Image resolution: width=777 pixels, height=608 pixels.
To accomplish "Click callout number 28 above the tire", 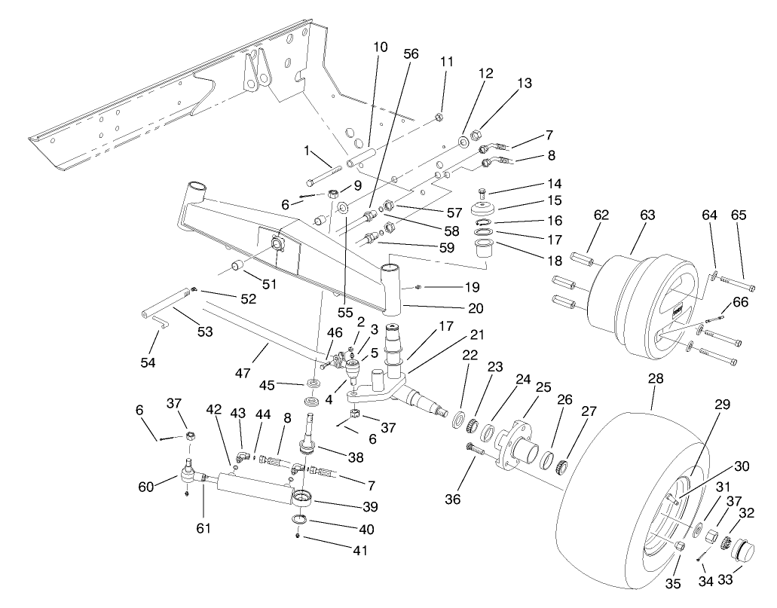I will click(656, 380).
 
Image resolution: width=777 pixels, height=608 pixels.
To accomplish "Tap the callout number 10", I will click(380, 47).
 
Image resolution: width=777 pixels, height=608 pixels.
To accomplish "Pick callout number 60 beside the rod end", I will click(146, 487).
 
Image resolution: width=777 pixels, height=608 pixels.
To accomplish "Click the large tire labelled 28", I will click(603, 490).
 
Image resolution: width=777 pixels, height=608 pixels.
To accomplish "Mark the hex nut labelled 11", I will click(437, 118).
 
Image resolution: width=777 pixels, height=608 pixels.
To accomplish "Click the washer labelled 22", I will click(458, 420).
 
